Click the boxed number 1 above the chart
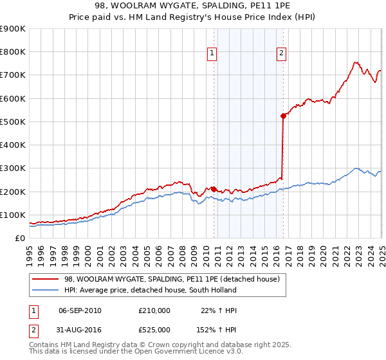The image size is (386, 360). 212,54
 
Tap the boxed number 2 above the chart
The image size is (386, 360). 282,54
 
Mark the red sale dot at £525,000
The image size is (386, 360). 283,116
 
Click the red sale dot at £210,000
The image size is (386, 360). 214,189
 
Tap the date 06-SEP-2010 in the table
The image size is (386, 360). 80,310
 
